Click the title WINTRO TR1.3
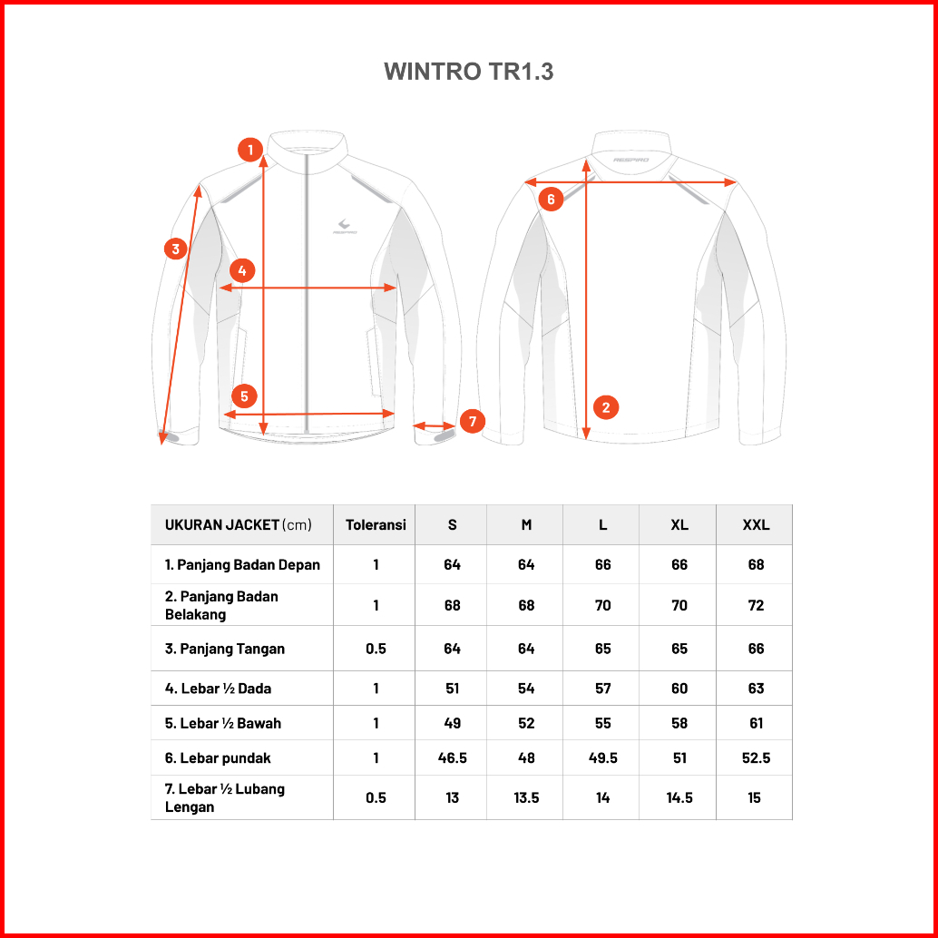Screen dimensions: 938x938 point(468,71)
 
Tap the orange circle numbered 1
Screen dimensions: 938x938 point(250,150)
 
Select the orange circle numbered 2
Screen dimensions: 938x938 point(606,407)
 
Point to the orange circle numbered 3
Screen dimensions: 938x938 point(176,249)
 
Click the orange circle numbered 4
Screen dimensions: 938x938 point(241,270)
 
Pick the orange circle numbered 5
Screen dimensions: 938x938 point(244,396)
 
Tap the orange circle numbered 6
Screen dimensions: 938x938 point(551,199)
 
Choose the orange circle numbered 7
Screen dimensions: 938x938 point(473,421)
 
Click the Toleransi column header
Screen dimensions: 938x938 point(376,524)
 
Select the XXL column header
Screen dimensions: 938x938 point(757,524)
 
